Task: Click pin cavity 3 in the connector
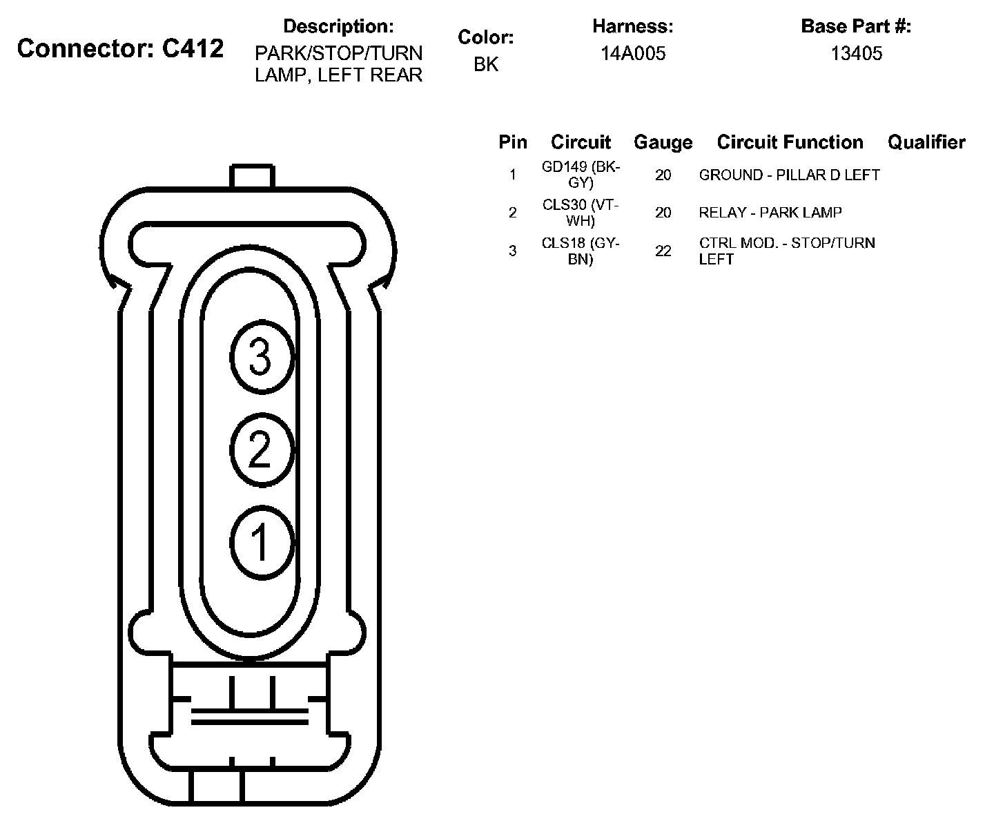261,358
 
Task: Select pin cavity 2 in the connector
260,450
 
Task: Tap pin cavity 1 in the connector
260,542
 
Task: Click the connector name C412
120,49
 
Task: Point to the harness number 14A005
632,54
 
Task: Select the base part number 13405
856,54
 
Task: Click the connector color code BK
485,64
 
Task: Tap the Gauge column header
663,142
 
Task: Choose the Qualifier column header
926,142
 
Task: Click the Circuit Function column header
790,142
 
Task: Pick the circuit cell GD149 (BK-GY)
581,175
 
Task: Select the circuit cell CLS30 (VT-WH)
581,213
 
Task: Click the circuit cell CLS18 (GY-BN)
581,251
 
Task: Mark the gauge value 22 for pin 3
663,251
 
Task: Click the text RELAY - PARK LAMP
770,213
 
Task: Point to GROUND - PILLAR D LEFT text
789,175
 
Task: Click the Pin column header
513,142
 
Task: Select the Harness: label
632,27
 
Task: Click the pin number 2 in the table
512,213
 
